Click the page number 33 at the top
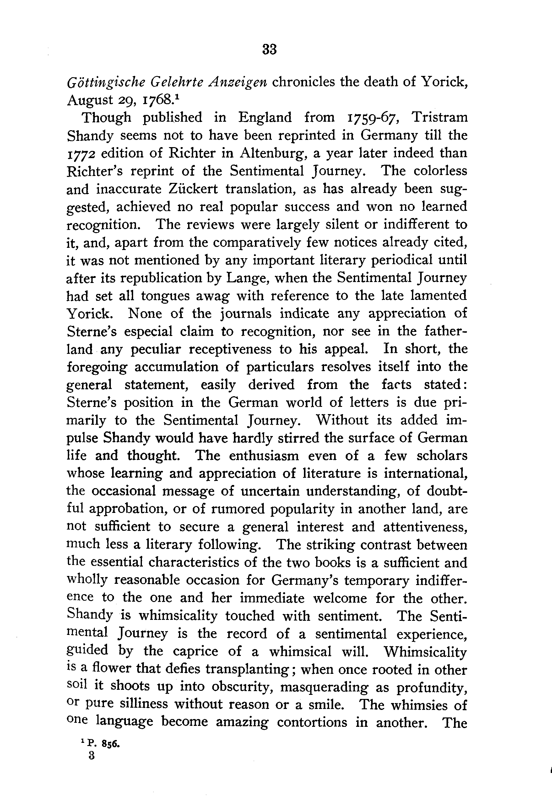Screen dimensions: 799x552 (269, 49)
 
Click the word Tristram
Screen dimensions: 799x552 (440, 117)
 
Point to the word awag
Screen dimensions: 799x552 (212, 296)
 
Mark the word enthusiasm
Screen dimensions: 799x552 (264, 455)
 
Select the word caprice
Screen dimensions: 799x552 (195, 651)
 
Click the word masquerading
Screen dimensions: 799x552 (324, 687)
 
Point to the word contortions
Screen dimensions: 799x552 (312, 723)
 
